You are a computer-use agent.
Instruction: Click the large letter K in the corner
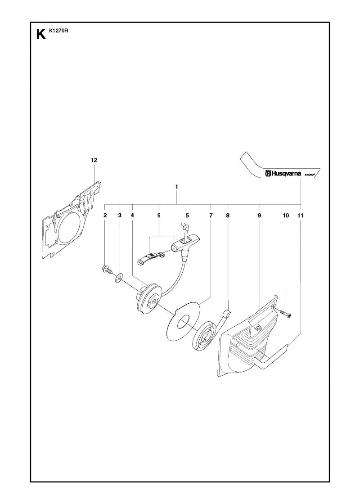click(41, 34)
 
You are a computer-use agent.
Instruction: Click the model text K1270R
click(57, 31)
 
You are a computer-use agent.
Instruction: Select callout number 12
click(94, 160)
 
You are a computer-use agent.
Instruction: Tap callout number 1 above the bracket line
click(177, 186)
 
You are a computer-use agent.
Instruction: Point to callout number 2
click(105, 216)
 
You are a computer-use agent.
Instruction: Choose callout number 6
click(159, 216)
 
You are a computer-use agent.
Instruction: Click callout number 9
click(259, 216)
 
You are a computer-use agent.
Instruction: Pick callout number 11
click(300, 216)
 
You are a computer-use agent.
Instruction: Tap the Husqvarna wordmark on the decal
click(283, 174)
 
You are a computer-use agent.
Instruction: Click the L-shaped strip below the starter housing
click(270, 357)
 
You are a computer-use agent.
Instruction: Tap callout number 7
click(211, 216)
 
